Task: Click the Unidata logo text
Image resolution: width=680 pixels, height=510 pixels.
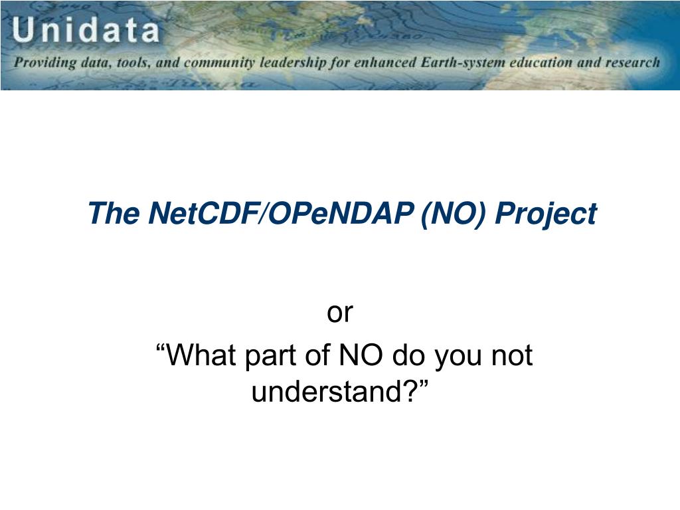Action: [86, 30]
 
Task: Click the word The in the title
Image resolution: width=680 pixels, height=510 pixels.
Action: [114, 213]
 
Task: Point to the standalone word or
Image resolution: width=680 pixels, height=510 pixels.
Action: [340, 312]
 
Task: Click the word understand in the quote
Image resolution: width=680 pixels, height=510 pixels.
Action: [327, 392]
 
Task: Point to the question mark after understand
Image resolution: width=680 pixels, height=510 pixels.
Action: [410, 391]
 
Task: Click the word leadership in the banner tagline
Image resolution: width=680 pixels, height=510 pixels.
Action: [292, 63]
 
